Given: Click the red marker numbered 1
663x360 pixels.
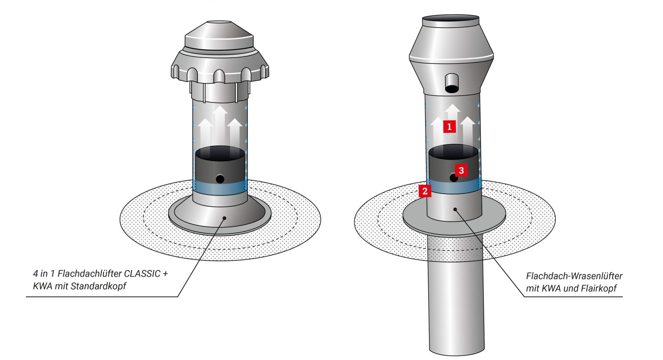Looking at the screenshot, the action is pyautogui.click(x=449, y=127).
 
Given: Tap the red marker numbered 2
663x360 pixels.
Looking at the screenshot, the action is pyautogui.click(x=425, y=191).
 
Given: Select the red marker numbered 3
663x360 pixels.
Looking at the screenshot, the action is pyautogui.click(x=461, y=170).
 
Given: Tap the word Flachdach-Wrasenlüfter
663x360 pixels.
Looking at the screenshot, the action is pyautogui.click(x=574, y=276).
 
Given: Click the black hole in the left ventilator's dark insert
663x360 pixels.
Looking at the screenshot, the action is pyautogui.click(x=220, y=179).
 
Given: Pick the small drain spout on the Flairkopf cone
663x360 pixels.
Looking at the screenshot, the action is pyautogui.click(x=452, y=83).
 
